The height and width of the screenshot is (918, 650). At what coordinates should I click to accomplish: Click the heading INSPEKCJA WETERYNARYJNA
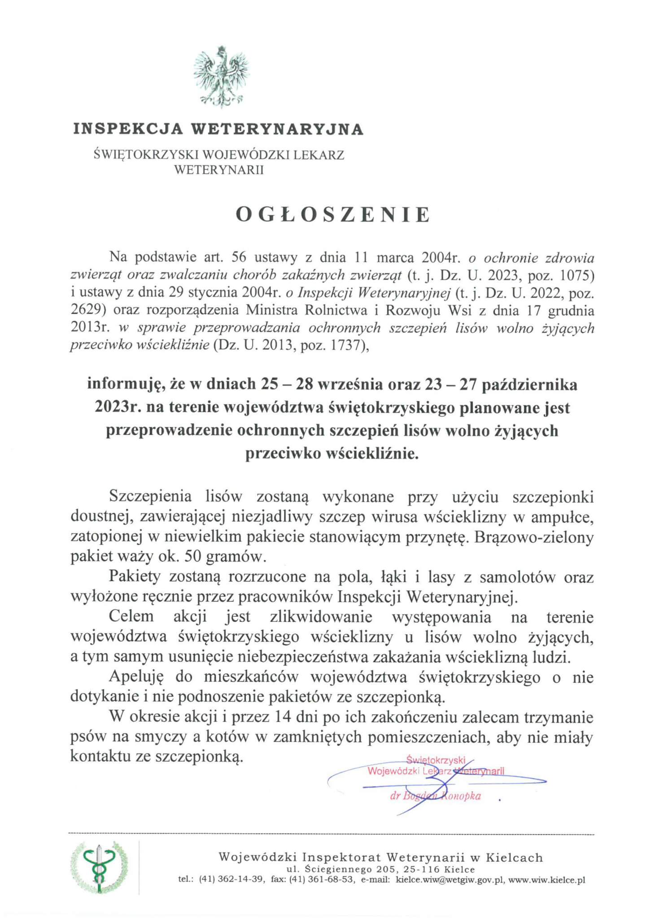218,129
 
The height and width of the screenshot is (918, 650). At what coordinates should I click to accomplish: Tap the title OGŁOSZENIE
333,215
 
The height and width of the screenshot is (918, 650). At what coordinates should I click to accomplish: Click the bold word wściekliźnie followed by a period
332,454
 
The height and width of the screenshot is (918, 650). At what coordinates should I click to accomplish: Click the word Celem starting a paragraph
131,616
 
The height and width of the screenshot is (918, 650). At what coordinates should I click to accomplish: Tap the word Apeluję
137,676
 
